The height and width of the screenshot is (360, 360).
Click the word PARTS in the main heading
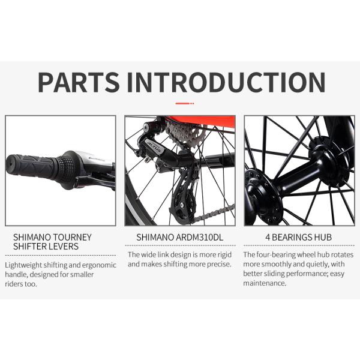[x=79, y=82]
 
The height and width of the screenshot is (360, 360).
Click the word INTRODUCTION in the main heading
[x=226, y=82]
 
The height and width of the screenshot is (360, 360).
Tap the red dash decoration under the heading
[x=185, y=104]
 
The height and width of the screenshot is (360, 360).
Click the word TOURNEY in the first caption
[x=73, y=237]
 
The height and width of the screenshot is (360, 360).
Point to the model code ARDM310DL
[x=199, y=237]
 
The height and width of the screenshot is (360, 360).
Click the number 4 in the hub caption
[x=268, y=237]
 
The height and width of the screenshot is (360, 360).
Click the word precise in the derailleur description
[x=219, y=264]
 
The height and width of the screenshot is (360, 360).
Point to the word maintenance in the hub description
[x=265, y=283]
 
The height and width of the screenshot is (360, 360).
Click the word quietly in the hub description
[x=317, y=264]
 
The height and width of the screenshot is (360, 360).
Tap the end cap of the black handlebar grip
[x=9, y=164]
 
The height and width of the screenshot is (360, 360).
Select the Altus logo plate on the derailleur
[x=154, y=146]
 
